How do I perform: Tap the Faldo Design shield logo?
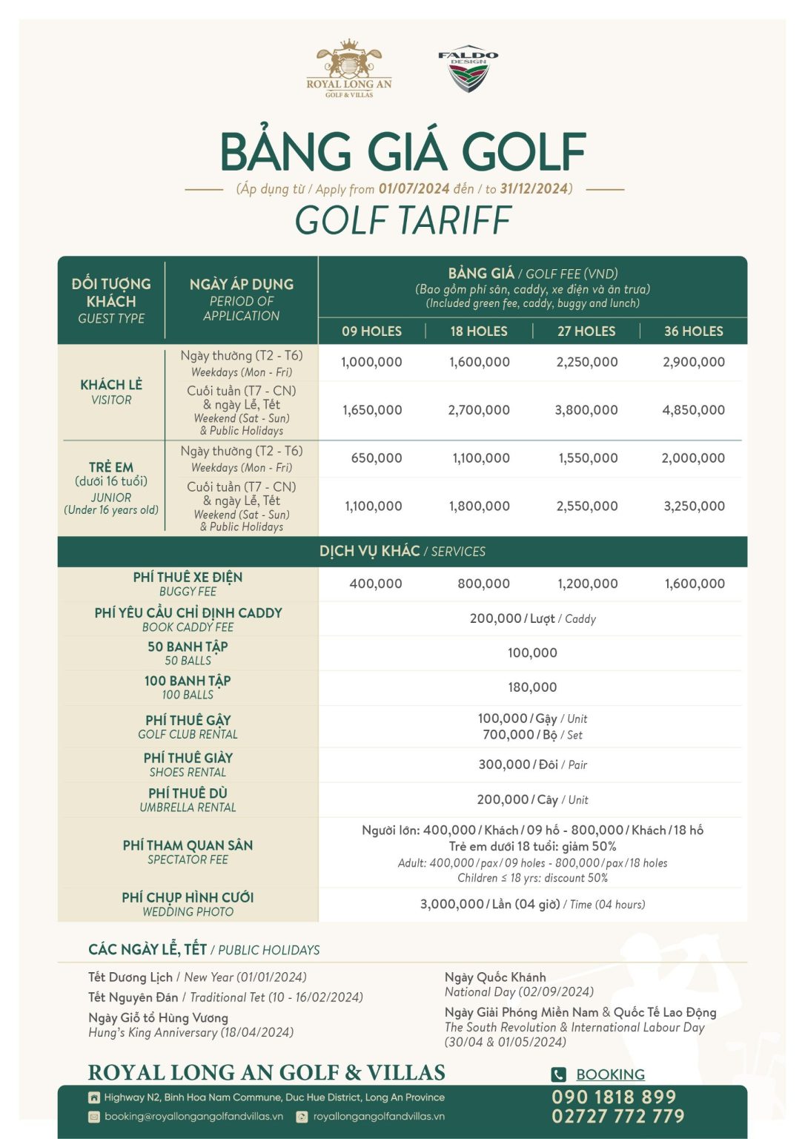click(x=468, y=71)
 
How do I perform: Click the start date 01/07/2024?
click(x=414, y=189)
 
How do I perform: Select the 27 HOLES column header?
click(x=586, y=331)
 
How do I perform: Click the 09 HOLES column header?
click(x=371, y=331)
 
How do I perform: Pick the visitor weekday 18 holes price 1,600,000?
click(x=480, y=363)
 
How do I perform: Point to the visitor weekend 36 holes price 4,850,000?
click(x=693, y=410)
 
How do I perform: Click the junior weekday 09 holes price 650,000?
click(x=377, y=458)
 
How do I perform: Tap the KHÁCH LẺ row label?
click(x=111, y=385)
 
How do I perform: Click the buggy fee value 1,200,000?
click(x=588, y=584)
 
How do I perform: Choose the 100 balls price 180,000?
click(x=532, y=687)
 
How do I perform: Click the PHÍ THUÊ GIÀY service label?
click(x=188, y=758)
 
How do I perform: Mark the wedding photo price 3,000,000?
click(x=451, y=905)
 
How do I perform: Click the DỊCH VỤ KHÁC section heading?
click(x=369, y=552)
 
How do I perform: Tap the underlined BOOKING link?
click(x=610, y=1074)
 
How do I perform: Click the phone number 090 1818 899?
click(x=614, y=1097)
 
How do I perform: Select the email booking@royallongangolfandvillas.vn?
click(x=193, y=1117)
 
